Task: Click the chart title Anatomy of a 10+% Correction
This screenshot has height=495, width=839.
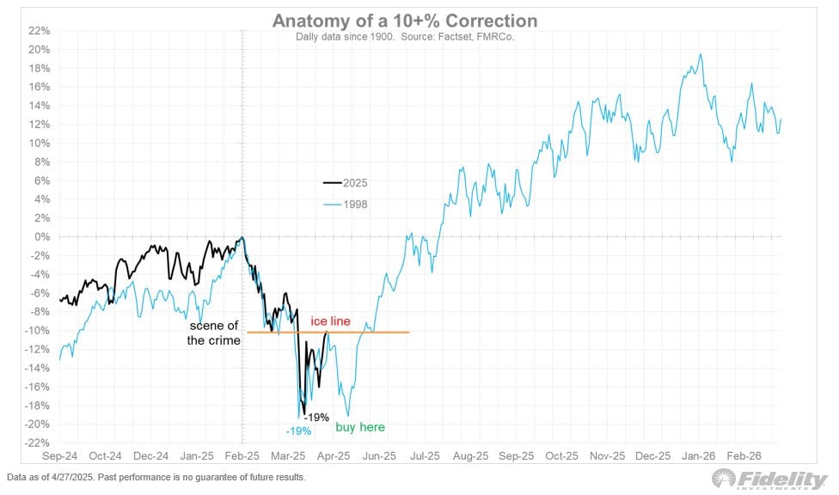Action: tap(405, 21)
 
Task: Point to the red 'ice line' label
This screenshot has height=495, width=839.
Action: tap(330, 321)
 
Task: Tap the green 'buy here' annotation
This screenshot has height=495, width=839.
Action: tap(359, 427)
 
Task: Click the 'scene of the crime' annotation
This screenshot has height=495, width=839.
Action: tap(214, 333)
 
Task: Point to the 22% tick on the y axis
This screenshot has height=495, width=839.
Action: tap(40, 31)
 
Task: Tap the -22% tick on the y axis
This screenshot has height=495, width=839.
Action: tap(38, 443)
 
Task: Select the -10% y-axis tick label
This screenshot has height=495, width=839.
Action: tap(38, 331)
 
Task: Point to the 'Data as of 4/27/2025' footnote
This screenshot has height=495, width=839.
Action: tap(156, 477)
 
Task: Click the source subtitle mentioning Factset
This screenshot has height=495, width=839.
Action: tap(405, 38)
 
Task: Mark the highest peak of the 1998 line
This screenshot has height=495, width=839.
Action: tap(701, 55)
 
